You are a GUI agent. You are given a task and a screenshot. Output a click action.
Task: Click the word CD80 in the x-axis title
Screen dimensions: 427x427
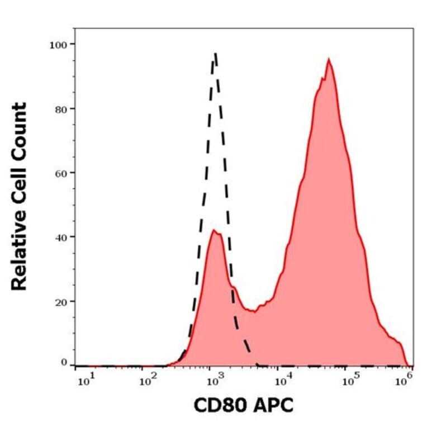(x=219, y=405)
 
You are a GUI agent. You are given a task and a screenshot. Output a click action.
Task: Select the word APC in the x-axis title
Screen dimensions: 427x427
(x=272, y=405)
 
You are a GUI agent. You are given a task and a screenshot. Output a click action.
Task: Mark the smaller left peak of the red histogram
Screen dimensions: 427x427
(x=214, y=230)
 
